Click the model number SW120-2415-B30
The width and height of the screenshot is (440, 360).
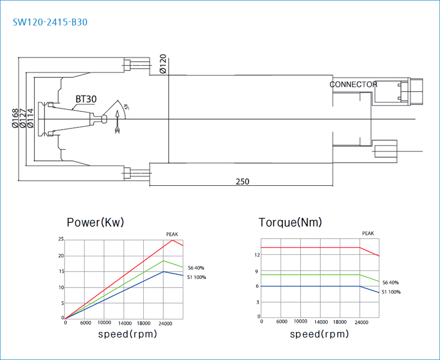coord(51,22)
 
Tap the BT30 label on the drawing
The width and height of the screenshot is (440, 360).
coord(86,99)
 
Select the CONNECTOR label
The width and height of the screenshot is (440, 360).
coord(353,85)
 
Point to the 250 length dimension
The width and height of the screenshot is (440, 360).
coord(242,181)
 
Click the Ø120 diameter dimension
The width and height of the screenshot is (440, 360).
coord(163,64)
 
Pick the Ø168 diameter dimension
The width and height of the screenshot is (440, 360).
coord(15,118)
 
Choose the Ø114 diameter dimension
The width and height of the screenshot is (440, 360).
coord(30,118)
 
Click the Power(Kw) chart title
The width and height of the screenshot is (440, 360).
coord(95,223)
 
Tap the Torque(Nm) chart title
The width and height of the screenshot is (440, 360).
coord(290,223)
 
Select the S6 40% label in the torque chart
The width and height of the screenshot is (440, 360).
coord(391,283)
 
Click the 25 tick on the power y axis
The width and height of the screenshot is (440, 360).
coord(61,239)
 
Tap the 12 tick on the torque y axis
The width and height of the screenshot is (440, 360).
coord(256,254)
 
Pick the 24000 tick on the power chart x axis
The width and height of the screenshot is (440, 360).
coord(165,323)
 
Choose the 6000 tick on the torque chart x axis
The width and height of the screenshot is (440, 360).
coord(282,322)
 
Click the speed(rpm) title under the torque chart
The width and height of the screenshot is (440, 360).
coord(320,335)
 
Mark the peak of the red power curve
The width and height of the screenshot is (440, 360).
coord(172,240)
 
